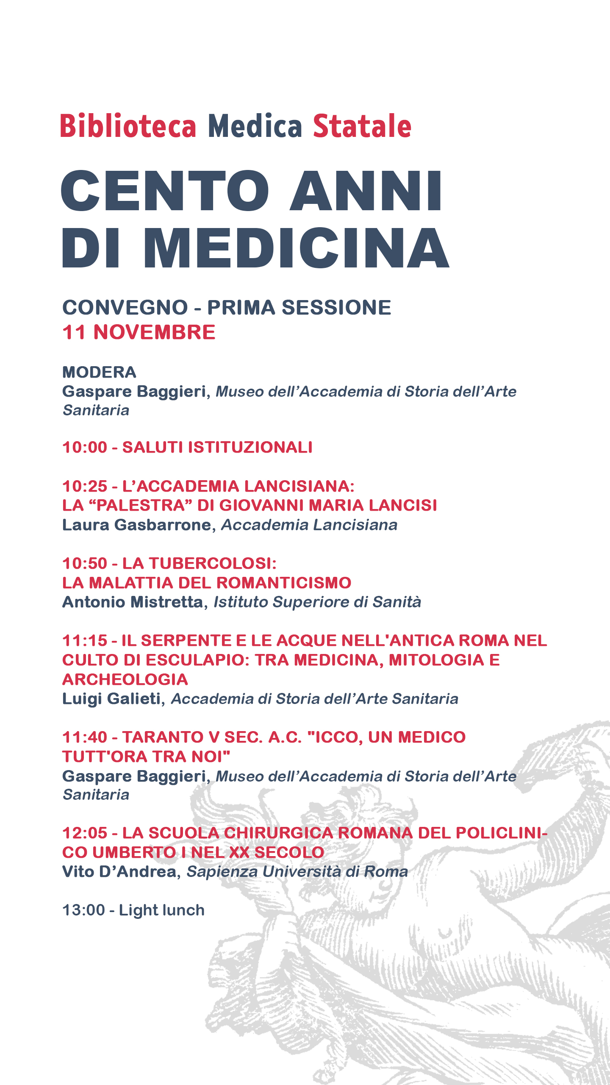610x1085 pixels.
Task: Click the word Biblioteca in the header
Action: [128, 126]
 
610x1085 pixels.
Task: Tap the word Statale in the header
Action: [362, 126]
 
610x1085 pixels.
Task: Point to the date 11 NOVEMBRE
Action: [139, 332]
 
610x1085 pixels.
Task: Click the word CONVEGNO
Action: [125, 308]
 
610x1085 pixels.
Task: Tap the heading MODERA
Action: [99, 372]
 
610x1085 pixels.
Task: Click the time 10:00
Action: [85, 448]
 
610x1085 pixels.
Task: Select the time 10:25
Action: [85, 487]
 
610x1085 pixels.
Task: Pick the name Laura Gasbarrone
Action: [136, 525]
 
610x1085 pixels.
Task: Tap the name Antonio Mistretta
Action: [133, 602]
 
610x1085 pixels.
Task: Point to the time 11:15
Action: [85, 641]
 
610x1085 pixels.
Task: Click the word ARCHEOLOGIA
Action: [125, 680]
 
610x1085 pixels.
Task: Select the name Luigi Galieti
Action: [111, 699]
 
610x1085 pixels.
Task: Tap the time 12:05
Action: [85, 833]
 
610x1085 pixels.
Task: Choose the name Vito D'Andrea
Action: [119, 872]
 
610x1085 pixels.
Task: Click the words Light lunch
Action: [161, 910]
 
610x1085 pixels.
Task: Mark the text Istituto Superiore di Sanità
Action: [317, 602]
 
